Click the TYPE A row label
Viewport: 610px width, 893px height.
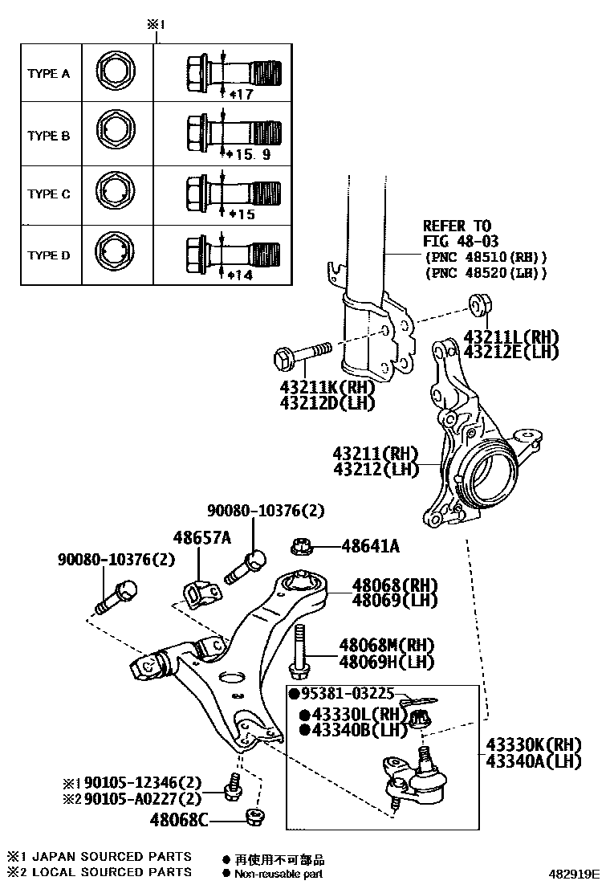tap(49, 73)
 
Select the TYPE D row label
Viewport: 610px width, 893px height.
tap(49, 255)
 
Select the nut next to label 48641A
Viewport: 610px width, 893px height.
tap(305, 548)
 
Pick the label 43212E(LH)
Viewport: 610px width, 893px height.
tap(510, 351)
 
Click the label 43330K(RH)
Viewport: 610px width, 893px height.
tap(532, 744)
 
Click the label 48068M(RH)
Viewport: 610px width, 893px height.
tap(386, 645)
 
